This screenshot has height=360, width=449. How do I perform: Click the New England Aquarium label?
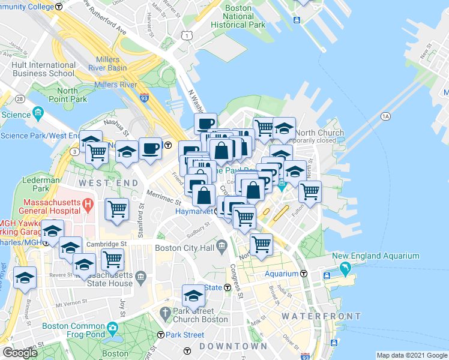click(x=376, y=256)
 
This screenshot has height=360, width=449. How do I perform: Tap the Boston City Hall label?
click(x=184, y=248)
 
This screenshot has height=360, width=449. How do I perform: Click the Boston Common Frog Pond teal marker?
click(x=113, y=329)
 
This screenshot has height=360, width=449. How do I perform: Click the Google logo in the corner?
click(x=20, y=353)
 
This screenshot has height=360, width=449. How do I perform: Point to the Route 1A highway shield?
click(x=385, y=116)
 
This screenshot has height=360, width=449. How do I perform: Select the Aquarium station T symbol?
click(x=304, y=274)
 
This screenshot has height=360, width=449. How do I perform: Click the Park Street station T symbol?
click(x=160, y=335)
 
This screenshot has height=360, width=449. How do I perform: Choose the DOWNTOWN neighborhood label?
click(x=233, y=347)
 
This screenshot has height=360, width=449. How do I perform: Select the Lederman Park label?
click(x=41, y=184)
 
